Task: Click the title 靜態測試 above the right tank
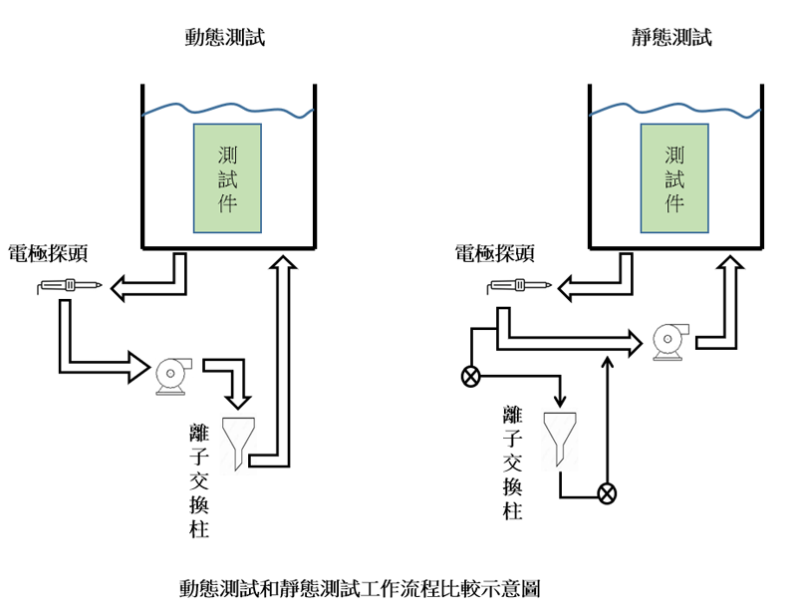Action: click(x=672, y=38)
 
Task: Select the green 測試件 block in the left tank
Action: click(x=227, y=178)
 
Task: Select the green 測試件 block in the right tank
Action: click(x=674, y=178)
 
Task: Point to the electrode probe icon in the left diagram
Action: click(x=69, y=287)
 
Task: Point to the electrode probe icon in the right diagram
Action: click(x=518, y=287)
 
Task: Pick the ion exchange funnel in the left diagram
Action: click(x=237, y=442)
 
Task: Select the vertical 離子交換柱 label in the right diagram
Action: click(x=513, y=462)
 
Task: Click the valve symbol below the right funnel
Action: click(x=606, y=492)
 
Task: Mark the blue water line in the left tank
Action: click(x=227, y=108)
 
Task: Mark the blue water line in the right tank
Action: click(x=674, y=109)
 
